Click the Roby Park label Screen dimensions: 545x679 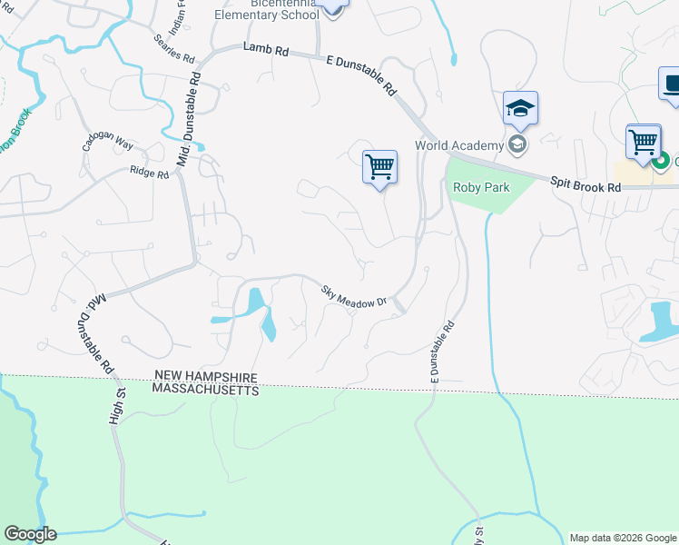pos(480,188)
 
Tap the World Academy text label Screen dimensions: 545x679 pos(458,145)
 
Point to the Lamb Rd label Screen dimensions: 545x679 pos(265,52)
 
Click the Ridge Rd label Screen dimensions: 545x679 pos(149,172)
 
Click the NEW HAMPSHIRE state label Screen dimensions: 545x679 pos(206,376)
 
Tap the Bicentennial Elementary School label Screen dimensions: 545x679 pos(266,10)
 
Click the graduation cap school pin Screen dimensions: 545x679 pos(520,109)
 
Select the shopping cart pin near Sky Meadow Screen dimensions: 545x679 pos(379,168)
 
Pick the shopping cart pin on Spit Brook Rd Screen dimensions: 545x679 pos(643,143)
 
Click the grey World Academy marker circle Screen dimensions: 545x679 pos(517,144)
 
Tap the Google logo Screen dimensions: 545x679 pos(30,534)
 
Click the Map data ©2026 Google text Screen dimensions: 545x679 pos(622,538)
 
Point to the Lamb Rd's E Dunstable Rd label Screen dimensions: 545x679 pos(362,74)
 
